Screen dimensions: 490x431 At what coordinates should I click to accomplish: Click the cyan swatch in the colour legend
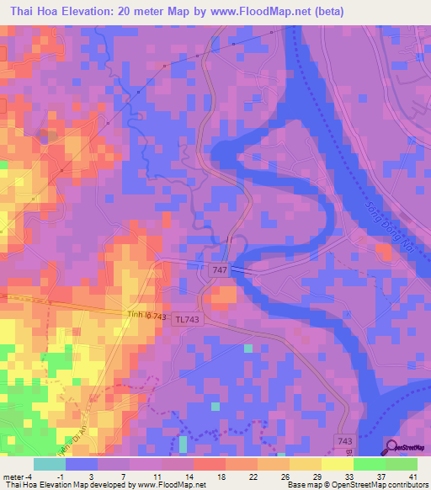coord(50,464)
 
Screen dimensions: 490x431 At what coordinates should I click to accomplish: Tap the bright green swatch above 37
coord(369,464)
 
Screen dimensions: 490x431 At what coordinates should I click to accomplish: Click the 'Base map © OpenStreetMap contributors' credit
coord(356,486)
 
